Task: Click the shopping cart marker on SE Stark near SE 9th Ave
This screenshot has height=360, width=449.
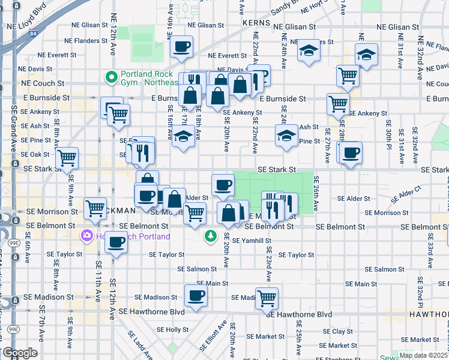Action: (67, 158)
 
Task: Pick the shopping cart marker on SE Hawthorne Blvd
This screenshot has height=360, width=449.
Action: (267, 298)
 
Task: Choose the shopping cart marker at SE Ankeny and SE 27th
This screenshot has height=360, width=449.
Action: (339, 103)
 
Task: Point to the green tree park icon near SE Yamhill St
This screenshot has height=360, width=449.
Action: (210, 235)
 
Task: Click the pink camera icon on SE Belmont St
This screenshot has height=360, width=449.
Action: (88, 236)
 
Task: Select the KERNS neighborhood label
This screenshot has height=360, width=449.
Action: (257, 22)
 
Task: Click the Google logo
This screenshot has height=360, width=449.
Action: (20, 353)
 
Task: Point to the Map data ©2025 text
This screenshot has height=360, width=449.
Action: (423, 355)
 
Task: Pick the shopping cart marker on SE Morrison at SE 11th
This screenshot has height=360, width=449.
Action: (95, 209)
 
